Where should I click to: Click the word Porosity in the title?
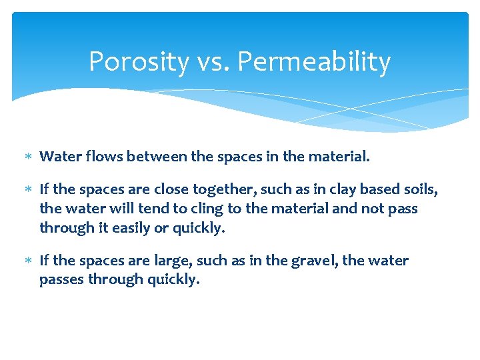[139, 62]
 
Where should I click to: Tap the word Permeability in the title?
[313, 62]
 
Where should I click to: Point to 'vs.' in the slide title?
[213, 62]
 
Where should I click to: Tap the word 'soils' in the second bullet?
[420, 190]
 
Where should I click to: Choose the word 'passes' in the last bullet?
[62, 279]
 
